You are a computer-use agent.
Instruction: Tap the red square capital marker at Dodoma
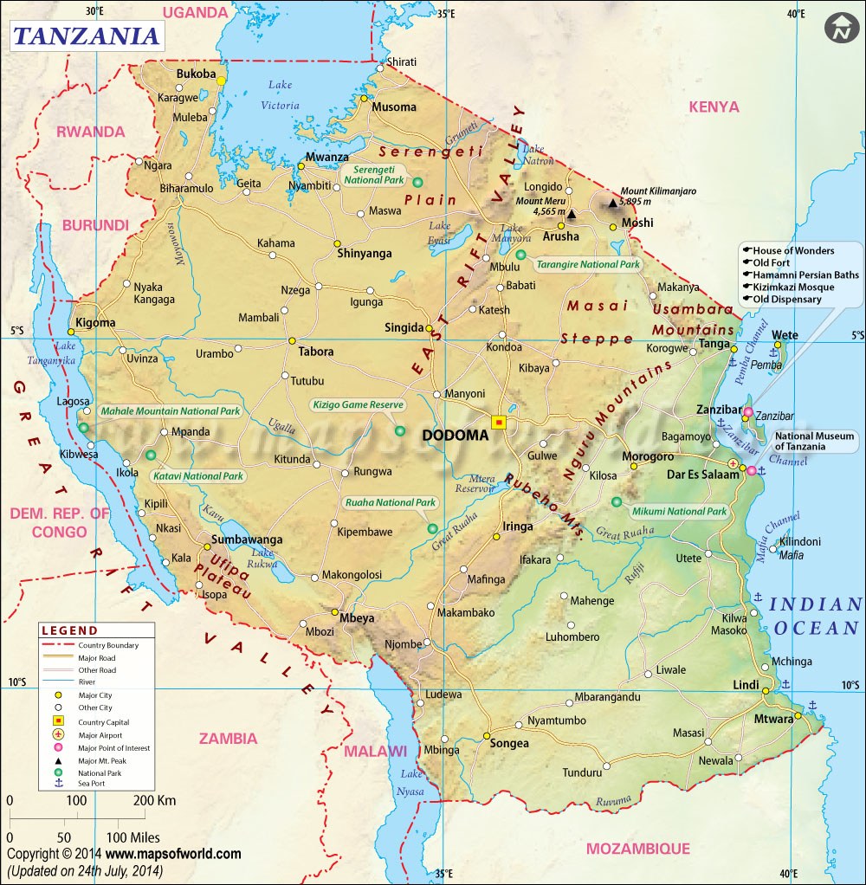coord(499,422)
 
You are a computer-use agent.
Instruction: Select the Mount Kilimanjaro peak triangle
coord(613,203)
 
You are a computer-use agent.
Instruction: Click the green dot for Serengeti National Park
coord(418,182)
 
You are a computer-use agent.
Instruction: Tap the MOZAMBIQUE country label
coord(637,848)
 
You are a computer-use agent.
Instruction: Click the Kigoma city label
coord(95,322)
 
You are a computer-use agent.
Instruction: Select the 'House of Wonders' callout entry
coord(793,250)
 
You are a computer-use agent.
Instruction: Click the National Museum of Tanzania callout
coord(814,442)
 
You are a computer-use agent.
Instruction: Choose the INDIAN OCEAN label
coord(816,616)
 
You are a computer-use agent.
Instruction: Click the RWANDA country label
coord(90,132)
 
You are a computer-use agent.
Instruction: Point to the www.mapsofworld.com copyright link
coord(181,854)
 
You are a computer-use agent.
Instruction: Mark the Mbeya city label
coord(356,618)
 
